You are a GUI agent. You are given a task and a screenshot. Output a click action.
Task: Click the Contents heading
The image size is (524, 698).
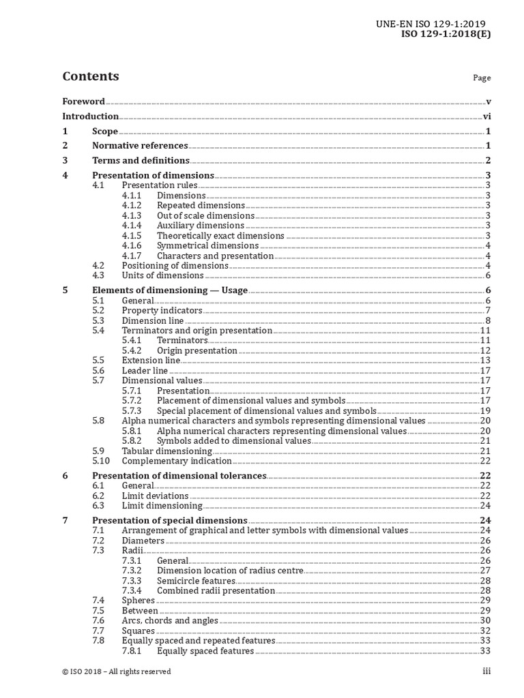tap(90, 76)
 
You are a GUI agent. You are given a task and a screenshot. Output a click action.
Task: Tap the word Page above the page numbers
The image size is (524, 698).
tap(482, 78)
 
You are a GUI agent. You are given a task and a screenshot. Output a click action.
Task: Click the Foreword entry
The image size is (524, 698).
tap(83, 102)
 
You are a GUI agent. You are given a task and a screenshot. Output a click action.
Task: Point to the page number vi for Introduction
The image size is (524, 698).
tap(487, 117)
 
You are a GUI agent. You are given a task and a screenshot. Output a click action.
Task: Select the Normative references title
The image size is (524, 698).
tap(140, 146)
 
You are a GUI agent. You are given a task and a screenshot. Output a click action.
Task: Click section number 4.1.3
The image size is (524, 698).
tap(132, 215)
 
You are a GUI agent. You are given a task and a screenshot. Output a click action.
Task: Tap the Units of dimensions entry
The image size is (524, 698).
tap(162, 275)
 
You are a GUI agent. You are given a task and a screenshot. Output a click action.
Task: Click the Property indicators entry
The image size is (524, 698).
tap(162, 311)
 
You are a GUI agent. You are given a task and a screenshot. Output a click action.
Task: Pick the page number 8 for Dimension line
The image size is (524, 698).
tap(489, 321)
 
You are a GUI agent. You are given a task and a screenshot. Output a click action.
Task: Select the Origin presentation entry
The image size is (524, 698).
tap(197, 351)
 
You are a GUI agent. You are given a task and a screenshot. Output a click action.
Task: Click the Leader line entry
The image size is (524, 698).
tap(145, 371)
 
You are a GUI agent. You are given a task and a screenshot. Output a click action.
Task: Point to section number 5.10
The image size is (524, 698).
tap(100, 461)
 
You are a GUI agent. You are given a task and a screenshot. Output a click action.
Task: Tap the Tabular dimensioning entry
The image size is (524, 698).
tap(166, 451)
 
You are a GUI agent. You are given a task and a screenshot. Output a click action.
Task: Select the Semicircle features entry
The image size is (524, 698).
tap(196, 581)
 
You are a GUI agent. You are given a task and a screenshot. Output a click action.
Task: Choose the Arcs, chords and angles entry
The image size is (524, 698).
tap(170, 621)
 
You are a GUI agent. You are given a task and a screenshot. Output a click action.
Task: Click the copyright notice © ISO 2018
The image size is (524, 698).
tap(116, 671)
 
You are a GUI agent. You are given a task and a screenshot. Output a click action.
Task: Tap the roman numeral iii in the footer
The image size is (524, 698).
tap(486, 671)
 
